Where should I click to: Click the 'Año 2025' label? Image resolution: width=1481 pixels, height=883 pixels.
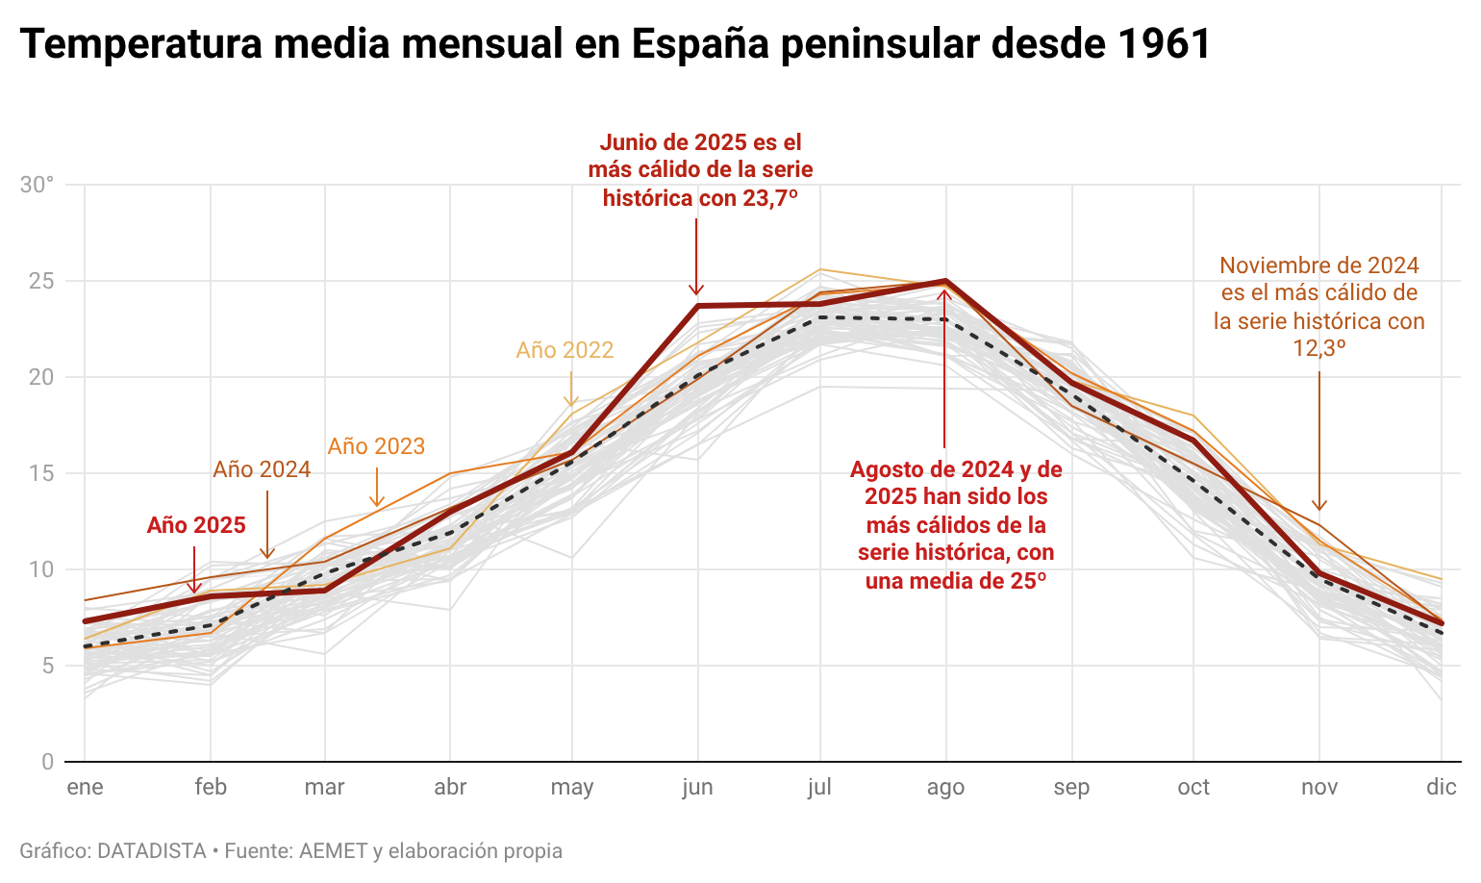pyautogui.click(x=196, y=525)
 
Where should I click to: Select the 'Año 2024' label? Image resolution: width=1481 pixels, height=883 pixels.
pyautogui.click(x=262, y=469)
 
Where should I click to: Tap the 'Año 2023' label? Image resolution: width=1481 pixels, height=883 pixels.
pyautogui.click(x=376, y=446)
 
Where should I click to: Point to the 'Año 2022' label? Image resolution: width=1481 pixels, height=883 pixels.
pyautogui.click(x=565, y=350)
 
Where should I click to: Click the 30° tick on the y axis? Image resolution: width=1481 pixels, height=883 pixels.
pyautogui.click(x=38, y=185)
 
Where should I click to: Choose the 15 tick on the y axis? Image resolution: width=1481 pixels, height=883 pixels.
pyautogui.click(x=41, y=473)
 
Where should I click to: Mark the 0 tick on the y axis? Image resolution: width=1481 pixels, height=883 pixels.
pyautogui.click(x=47, y=762)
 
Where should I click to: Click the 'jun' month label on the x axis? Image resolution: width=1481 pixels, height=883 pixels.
pyautogui.click(x=697, y=788)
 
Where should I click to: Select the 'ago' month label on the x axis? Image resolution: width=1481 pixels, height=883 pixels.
pyautogui.click(x=945, y=788)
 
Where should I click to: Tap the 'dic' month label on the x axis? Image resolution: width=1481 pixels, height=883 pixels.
pyautogui.click(x=1441, y=788)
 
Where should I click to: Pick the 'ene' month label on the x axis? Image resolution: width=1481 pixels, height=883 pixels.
pyautogui.click(x=85, y=788)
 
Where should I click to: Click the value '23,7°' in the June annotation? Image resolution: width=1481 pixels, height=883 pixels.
pyautogui.click(x=770, y=198)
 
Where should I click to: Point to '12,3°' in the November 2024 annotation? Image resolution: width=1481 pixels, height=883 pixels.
pyautogui.click(x=1318, y=348)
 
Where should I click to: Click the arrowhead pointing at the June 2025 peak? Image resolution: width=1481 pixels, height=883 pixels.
pyautogui.click(x=697, y=290)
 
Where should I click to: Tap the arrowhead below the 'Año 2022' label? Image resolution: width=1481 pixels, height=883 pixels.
pyautogui.click(x=571, y=402)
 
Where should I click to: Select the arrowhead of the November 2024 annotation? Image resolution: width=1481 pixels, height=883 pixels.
pyautogui.click(x=1319, y=506)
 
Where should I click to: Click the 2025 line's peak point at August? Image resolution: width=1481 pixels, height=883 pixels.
pyautogui.click(x=946, y=281)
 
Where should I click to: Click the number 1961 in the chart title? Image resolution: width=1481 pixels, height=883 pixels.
pyautogui.click(x=1165, y=44)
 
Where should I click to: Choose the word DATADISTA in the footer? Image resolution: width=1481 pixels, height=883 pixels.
pyautogui.click(x=152, y=851)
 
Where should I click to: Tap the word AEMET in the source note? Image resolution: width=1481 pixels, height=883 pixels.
pyautogui.click(x=334, y=851)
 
